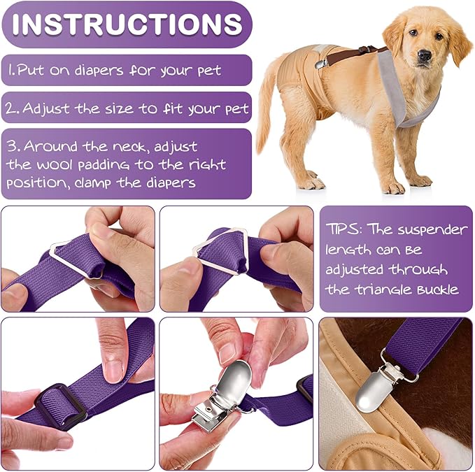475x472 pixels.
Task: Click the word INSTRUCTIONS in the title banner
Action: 127,24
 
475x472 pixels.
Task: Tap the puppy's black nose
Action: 424,55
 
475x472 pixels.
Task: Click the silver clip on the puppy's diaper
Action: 321,64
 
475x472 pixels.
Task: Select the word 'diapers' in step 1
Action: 99,71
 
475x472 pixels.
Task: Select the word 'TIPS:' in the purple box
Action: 343,229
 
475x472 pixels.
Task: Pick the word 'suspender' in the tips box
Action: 432,231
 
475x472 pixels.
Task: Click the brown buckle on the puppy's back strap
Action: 366,49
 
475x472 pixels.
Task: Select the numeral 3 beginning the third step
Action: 12,146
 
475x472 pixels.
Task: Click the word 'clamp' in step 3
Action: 93,183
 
